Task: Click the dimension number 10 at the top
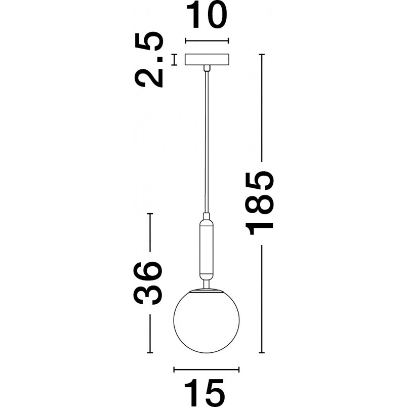click(207, 16)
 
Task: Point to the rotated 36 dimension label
click(148, 283)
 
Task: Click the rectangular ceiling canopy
click(207, 59)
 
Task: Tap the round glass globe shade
click(207, 321)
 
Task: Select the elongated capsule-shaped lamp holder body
click(207, 248)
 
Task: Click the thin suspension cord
click(207, 142)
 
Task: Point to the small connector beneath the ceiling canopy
click(207, 68)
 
